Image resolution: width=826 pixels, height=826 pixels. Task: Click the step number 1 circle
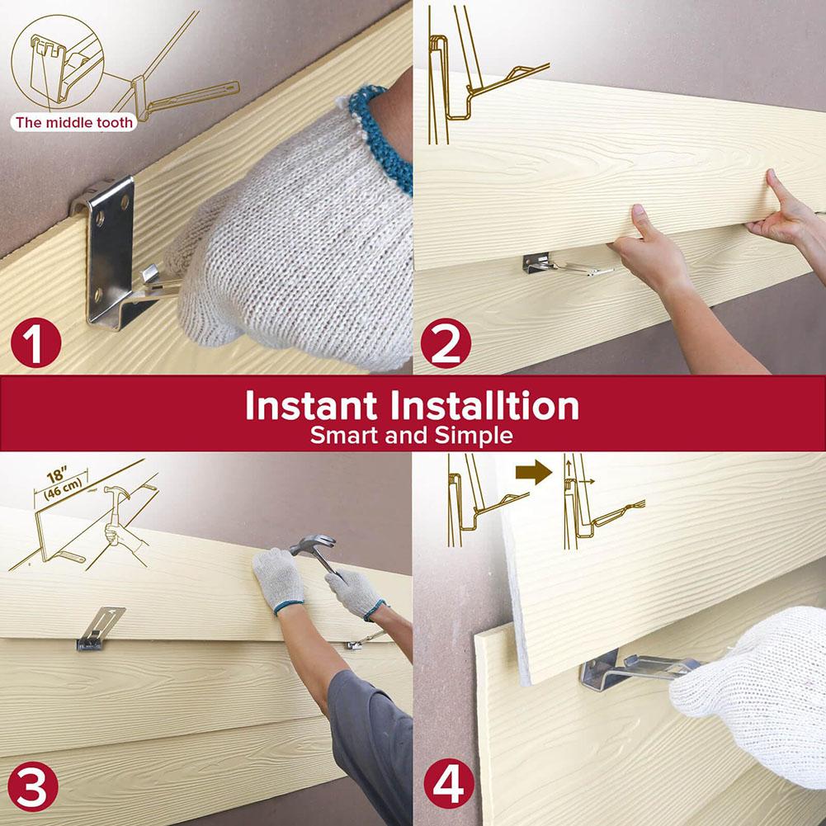pos(35,345)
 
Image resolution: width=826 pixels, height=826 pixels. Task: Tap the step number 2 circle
pos(446,345)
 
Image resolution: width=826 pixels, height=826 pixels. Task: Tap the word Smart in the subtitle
pos(345,436)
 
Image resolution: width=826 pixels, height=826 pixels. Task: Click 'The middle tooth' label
pos(73,123)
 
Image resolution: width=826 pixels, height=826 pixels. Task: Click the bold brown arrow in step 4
pos(531,473)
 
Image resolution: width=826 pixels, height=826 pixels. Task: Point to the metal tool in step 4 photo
pos(635,670)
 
